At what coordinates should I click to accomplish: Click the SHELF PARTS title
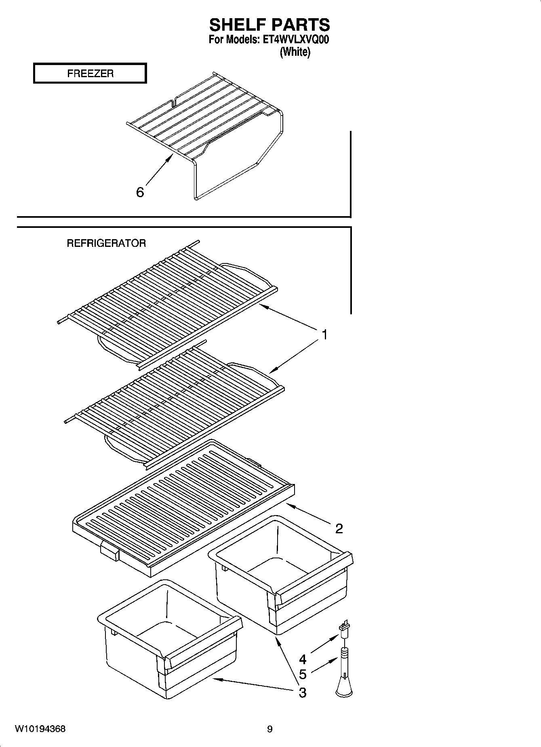click(269, 25)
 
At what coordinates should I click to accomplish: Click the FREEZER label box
click(90, 74)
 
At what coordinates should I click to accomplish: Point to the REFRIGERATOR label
click(106, 243)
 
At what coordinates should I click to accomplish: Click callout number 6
click(140, 192)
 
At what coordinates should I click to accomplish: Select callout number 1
click(324, 335)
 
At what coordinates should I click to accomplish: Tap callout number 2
click(339, 528)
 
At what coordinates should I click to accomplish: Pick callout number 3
click(302, 693)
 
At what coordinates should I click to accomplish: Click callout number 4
click(302, 659)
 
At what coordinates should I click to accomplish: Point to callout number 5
click(302, 674)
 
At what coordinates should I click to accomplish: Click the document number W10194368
click(40, 729)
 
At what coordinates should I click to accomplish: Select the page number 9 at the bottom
click(270, 729)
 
